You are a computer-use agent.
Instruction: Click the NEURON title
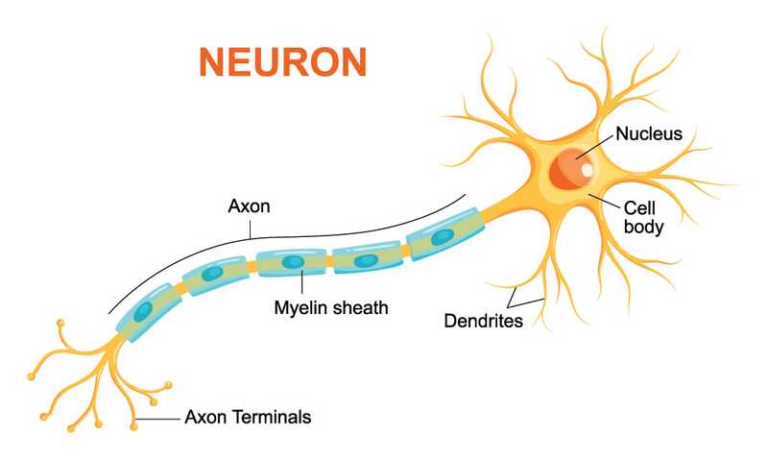(283, 60)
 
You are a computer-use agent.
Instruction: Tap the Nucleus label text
(649, 133)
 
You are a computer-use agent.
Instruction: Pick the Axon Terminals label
(248, 418)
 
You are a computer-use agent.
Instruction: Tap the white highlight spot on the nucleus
(587, 170)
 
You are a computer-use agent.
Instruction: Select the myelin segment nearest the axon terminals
(144, 310)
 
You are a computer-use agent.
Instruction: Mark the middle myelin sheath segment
(292, 262)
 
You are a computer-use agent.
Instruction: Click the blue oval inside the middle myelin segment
(293, 261)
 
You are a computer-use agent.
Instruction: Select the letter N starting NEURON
(211, 60)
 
